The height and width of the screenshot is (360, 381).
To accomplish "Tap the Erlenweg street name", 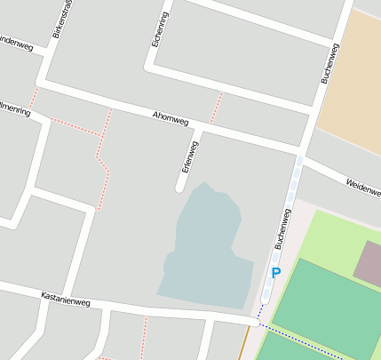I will pyautogui.click(x=188, y=156).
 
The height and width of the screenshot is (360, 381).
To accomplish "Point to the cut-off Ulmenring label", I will pyautogui.click(x=15, y=110).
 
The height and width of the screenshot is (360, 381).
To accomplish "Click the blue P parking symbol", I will pyautogui.click(x=275, y=273).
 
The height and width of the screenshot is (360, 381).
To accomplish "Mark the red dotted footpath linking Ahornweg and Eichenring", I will pyautogui.click(x=216, y=108).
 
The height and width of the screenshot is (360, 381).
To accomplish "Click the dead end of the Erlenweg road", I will pyautogui.click(x=180, y=187).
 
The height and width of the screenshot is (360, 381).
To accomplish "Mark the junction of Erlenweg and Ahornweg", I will pyautogui.click(x=199, y=131).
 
